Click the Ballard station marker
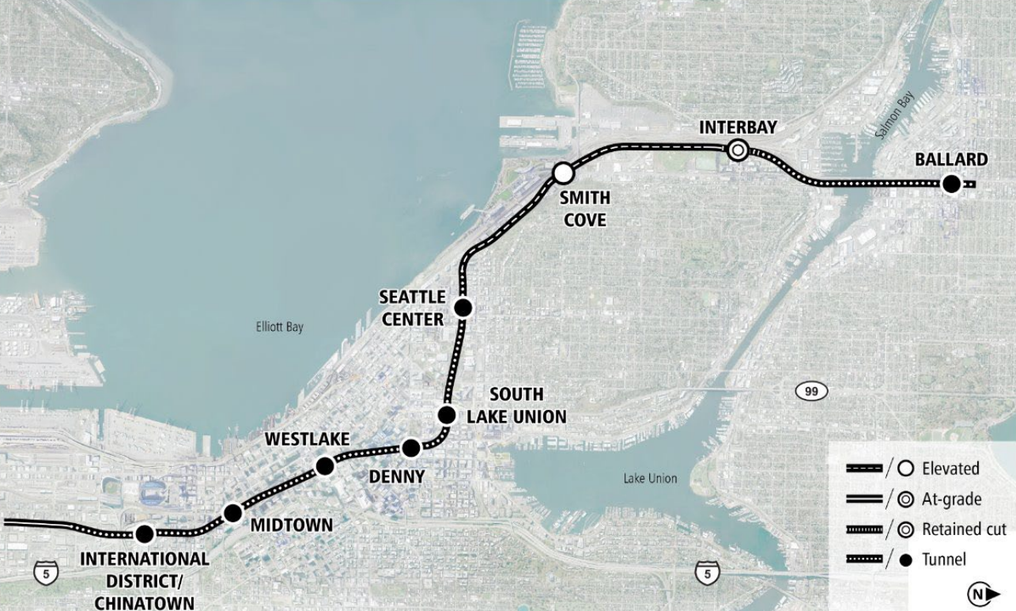click(x=952, y=184)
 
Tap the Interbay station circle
click(x=738, y=149)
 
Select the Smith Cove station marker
click(x=563, y=173)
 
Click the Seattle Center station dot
click(x=463, y=307)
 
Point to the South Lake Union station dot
click(x=447, y=415)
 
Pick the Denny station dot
click(x=411, y=449)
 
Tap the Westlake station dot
click(x=325, y=466)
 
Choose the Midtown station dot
click(x=232, y=514)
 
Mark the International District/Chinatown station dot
click(x=145, y=534)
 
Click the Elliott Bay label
click(x=279, y=327)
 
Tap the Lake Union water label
click(x=650, y=478)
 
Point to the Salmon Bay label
click(x=894, y=116)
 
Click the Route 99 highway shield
click(x=811, y=391)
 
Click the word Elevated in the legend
click(x=950, y=469)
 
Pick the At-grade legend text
click(x=951, y=499)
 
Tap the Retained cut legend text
click(x=964, y=529)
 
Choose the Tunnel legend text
click(x=944, y=560)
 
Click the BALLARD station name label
click(x=951, y=160)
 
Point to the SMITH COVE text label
click(x=585, y=208)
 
